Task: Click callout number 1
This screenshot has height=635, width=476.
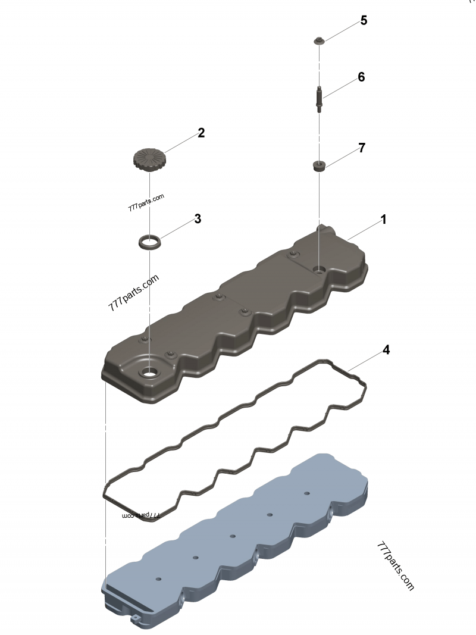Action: pos(384,220)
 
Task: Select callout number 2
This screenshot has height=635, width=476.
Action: pos(201,133)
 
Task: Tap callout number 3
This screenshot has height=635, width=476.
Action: pos(198,219)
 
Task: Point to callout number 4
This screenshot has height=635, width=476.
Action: pos(386,350)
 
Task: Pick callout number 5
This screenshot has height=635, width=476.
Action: pos(363,21)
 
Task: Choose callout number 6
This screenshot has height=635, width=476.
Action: pos(361,77)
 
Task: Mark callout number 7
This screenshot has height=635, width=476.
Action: pos(361,148)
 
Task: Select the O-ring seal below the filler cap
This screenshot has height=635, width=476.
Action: pos(149,242)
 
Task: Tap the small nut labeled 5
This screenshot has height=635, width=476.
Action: pos(320,40)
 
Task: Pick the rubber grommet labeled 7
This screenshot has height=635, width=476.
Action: pos(320,165)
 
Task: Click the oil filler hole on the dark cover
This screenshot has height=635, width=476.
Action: pos(149,374)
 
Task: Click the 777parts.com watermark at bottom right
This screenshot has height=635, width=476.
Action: pos(395,566)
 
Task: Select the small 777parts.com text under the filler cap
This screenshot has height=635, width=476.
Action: pos(146,204)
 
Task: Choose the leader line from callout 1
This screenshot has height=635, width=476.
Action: pos(363,230)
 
